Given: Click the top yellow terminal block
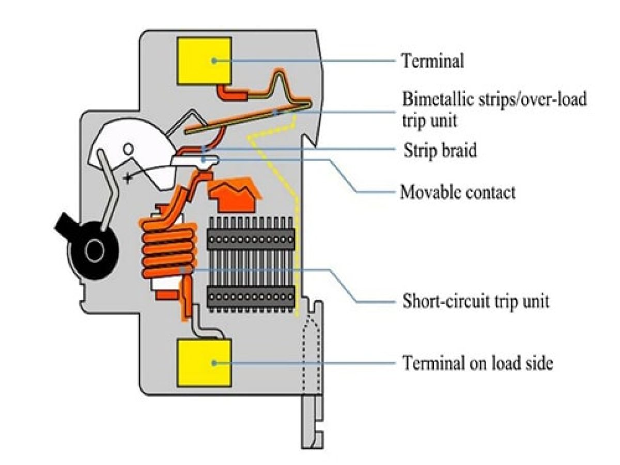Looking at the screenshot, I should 204,60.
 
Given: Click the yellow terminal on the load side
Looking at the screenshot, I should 204,363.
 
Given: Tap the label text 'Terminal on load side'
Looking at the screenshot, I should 478,364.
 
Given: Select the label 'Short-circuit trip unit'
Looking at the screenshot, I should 475,301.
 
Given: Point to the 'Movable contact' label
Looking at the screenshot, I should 458,193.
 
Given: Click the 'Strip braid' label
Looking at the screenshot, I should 440,151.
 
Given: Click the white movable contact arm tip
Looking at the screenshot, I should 207,161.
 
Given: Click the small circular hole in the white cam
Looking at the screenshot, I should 128,150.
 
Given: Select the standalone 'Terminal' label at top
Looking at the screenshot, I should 433,61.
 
